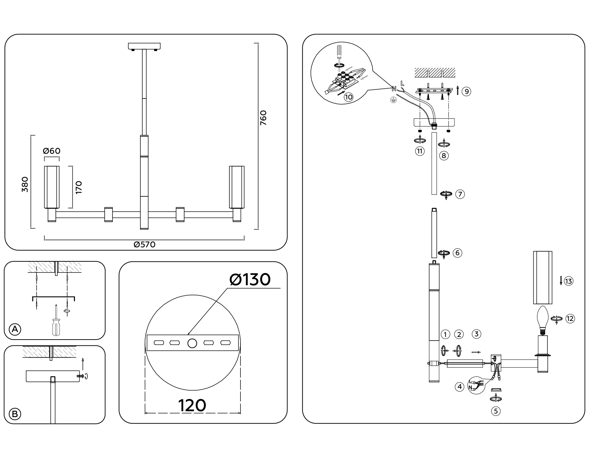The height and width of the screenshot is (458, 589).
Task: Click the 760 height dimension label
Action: pos(263,118)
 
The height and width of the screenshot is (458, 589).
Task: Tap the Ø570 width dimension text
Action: pos(144,245)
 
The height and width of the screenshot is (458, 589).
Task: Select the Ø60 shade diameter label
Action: pos(52,151)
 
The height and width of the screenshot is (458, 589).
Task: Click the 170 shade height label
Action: pos(79,187)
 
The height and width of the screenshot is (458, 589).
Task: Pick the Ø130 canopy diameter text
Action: pos(250,280)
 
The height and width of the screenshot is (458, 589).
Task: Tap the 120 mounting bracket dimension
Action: pos(192,406)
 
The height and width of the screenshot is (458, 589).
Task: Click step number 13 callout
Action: pos(569,281)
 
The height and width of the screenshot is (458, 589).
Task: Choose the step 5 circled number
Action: pos(496,411)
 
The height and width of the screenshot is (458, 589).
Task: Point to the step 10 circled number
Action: pos(348,97)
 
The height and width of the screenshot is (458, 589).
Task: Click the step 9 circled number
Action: pos(466,91)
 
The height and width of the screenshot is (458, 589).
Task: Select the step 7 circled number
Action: pos(460,194)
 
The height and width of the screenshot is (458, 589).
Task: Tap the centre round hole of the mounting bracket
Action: pos(192,343)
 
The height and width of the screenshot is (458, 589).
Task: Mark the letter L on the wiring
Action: pos(402,83)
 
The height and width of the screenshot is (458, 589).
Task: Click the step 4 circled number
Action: pos(460,387)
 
